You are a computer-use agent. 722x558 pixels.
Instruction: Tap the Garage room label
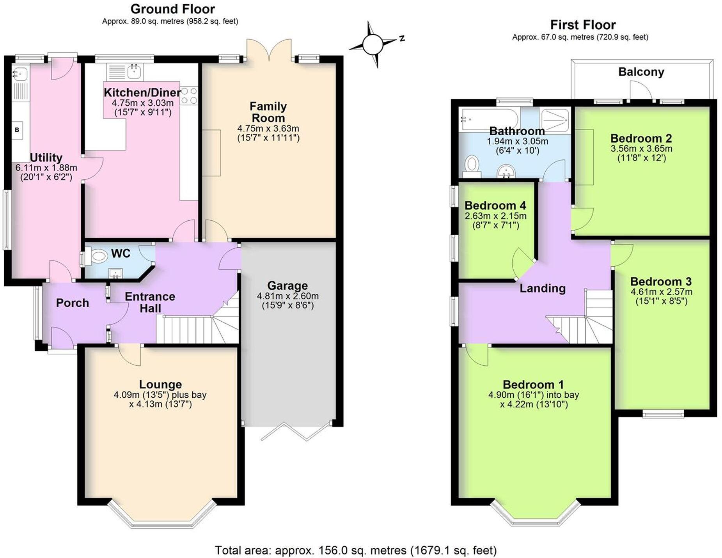287,286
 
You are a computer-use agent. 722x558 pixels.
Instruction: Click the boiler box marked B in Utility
17,130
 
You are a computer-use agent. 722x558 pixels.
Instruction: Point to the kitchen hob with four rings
189,96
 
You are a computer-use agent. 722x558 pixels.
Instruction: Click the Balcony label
641,72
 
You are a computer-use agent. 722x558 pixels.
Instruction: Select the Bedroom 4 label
495,205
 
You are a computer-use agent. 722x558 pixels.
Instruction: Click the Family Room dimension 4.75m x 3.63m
268,128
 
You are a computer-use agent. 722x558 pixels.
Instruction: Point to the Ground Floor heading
172,9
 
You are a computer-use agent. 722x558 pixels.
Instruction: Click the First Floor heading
582,25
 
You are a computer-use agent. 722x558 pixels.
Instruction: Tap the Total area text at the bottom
355,550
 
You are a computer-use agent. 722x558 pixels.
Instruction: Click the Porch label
72,303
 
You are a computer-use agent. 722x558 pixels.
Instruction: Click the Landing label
542,288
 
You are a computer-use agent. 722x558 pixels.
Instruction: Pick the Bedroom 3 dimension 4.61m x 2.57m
661,292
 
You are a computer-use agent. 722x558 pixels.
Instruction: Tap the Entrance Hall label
150,302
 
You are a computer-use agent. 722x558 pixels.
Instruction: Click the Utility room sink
20,73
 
